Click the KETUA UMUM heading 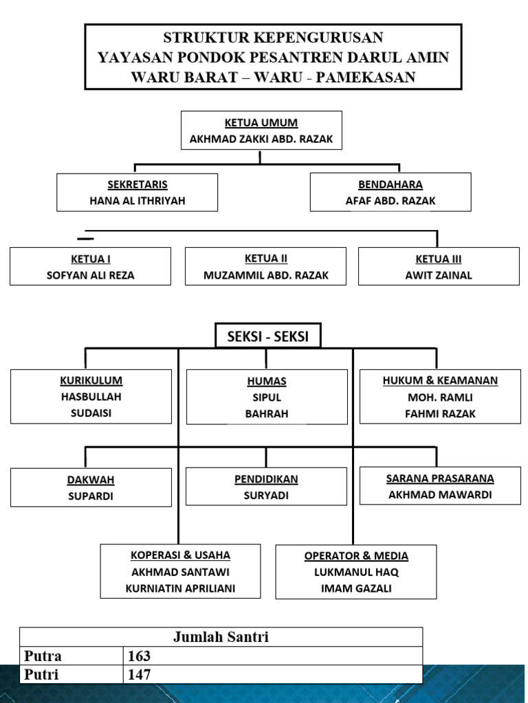[261, 123]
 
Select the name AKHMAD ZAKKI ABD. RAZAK [261, 139]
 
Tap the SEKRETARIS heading [137, 185]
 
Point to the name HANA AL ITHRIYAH [137, 201]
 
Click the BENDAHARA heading [390, 185]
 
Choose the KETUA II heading [266, 259]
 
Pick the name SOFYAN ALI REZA [90, 275]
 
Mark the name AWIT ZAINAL [439, 275]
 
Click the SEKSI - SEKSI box [268, 335]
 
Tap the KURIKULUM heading [91, 380]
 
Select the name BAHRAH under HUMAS [267, 414]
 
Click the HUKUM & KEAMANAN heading [440, 380]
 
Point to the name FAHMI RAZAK [440, 414]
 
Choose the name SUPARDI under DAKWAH [91, 496]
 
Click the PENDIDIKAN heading [266, 479]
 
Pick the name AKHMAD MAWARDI [440, 495]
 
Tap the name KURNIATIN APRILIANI [180, 588]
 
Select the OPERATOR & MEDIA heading [356, 556]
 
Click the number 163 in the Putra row [139, 656]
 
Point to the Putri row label [41, 674]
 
